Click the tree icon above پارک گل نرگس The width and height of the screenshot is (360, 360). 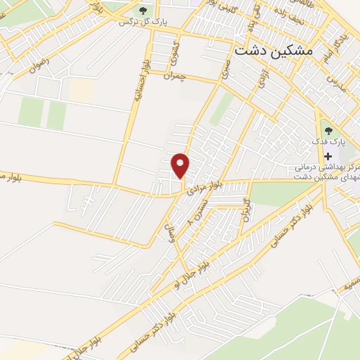tap(143, 10)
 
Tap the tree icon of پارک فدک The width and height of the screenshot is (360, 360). tap(327, 129)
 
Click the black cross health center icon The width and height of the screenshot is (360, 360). tap(327, 156)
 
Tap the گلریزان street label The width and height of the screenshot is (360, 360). tap(246, 210)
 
